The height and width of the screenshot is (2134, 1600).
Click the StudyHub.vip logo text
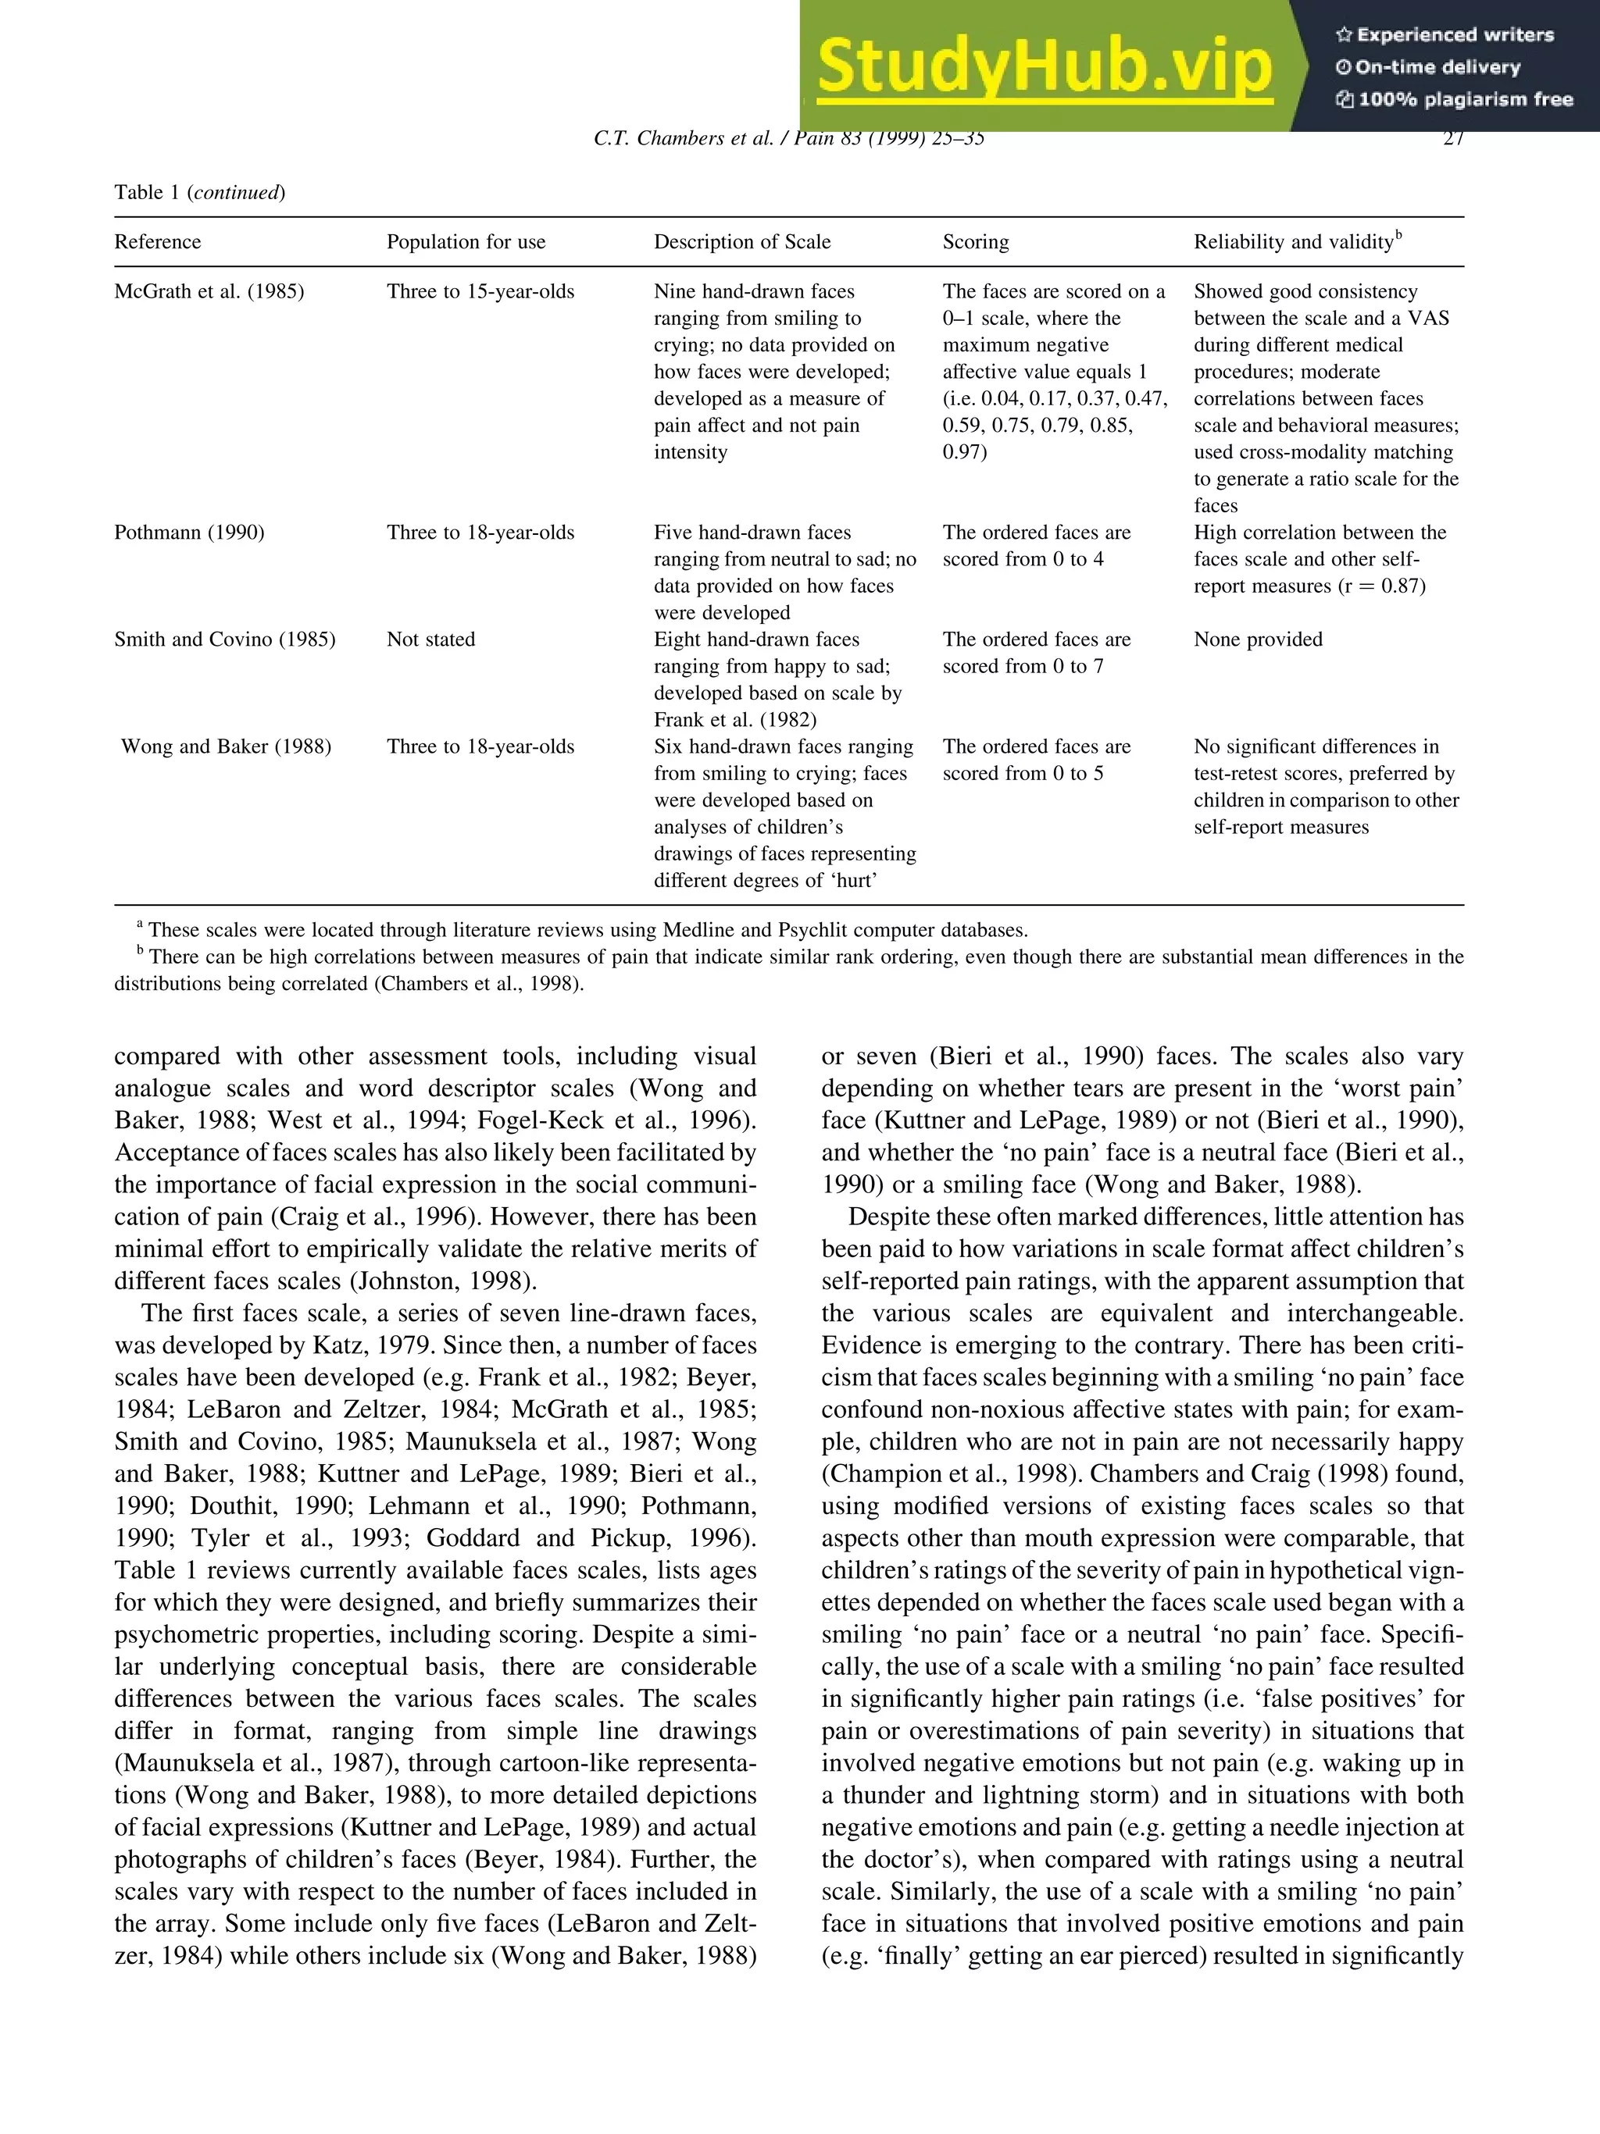tap(1045, 66)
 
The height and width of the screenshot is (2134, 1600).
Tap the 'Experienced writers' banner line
tap(1445, 34)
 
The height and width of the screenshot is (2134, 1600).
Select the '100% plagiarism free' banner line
tap(1454, 98)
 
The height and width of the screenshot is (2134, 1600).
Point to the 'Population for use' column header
tap(466, 242)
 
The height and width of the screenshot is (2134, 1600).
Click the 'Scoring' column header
tap(976, 242)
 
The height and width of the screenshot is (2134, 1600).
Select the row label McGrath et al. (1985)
tap(209, 291)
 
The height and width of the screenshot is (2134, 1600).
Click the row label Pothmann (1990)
tap(189, 533)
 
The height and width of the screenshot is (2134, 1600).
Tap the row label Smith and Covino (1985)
tap(225, 639)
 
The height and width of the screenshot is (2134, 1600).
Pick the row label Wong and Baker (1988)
tap(226, 746)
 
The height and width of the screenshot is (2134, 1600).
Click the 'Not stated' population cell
tap(430, 639)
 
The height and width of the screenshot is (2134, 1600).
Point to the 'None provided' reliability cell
tap(1257, 639)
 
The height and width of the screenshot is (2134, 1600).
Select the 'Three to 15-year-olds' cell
tap(480, 291)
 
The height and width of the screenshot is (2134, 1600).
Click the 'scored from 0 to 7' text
tap(1023, 667)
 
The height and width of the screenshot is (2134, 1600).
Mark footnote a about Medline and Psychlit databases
tap(587, 930)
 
